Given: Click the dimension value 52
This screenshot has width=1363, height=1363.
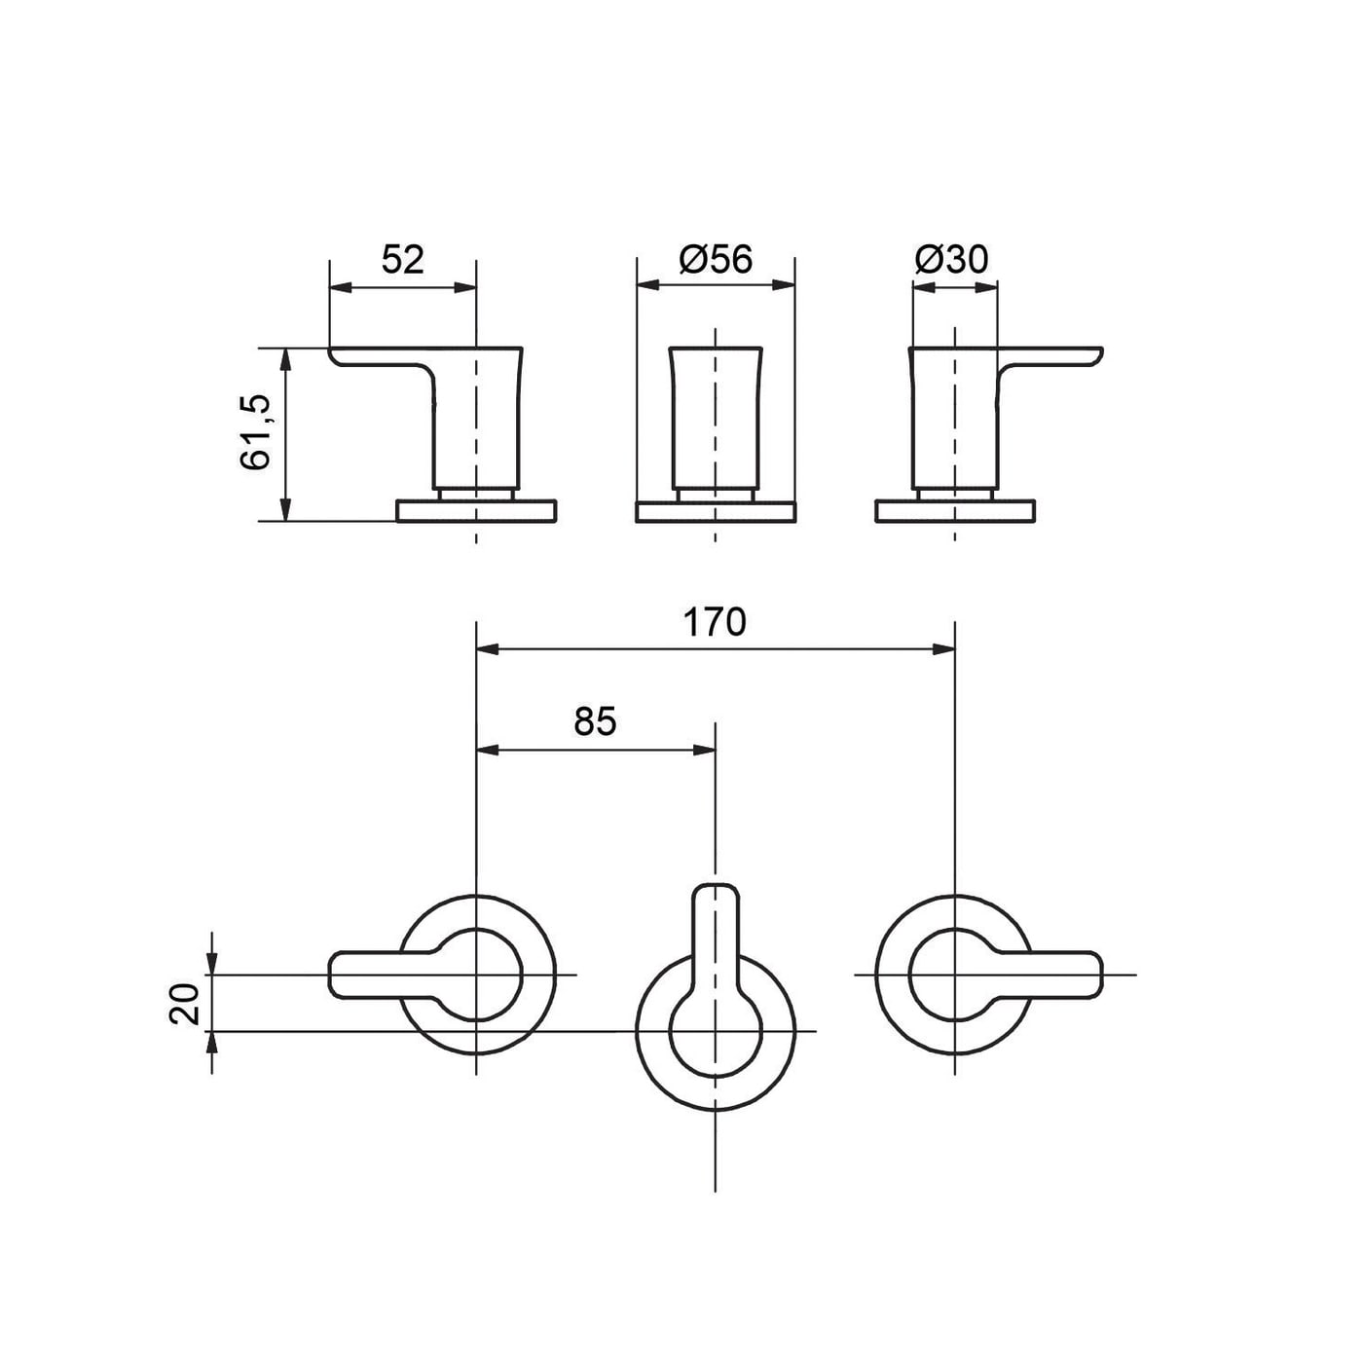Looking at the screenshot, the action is coord(402,260).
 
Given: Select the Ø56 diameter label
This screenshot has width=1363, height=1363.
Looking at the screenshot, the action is coord(716,260).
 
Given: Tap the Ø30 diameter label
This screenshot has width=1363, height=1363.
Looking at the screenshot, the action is coord(951,260).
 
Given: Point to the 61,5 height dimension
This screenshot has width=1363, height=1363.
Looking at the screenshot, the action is coord(256,432).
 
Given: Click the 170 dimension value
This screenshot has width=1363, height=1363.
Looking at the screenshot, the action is coord(715,622).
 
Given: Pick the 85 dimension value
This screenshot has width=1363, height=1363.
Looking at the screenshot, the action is coord(596,721).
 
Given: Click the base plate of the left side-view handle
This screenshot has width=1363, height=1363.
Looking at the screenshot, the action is coord(476,511).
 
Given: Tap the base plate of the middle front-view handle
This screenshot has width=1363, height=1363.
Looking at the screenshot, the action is coord(716,511).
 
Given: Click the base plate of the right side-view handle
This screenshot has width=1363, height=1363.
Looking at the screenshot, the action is coord(955,511).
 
